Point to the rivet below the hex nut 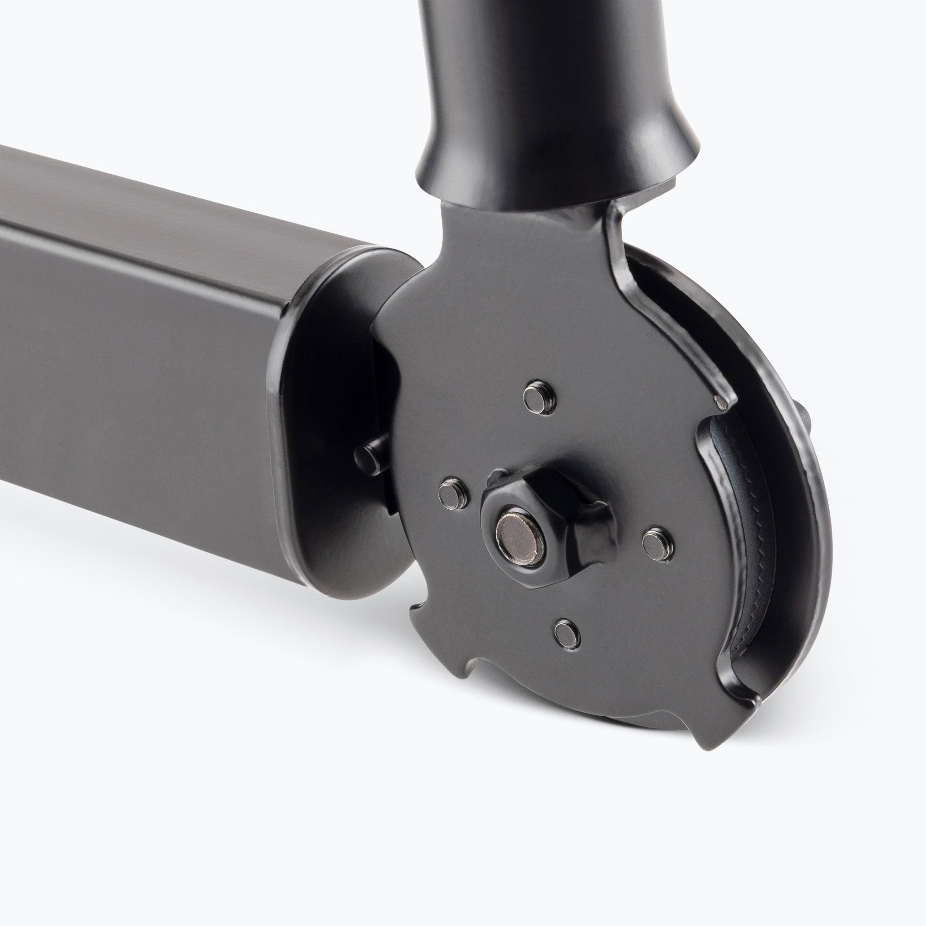[x=567, y=632]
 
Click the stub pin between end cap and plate [x=371, y=450]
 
